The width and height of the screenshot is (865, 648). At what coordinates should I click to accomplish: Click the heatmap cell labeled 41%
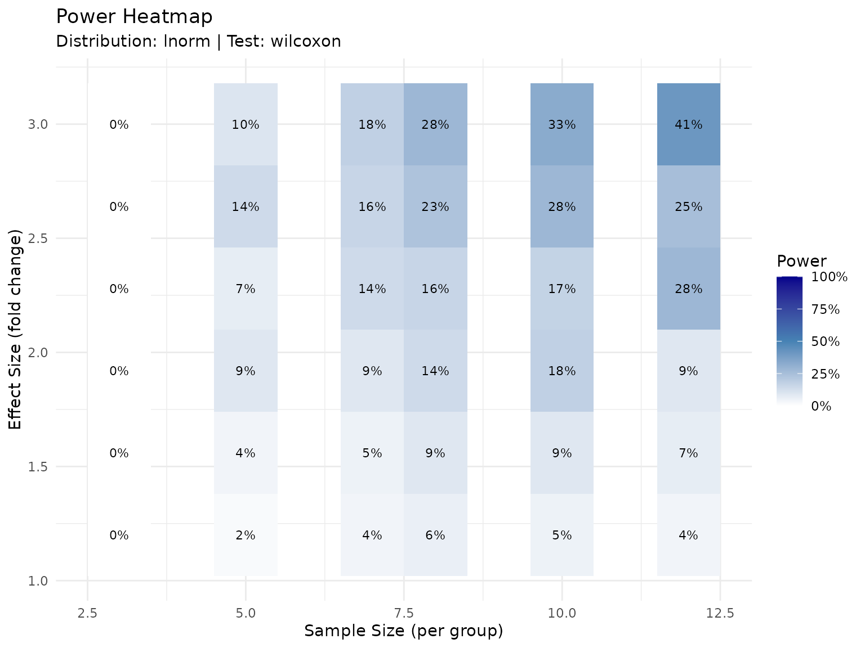pyautogui.click(x=688, y=124)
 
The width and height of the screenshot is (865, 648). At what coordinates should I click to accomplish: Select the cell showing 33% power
pyautogui.click(x=561, y=124)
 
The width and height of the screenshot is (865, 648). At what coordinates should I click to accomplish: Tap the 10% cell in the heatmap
pyautogui.click(x=246, y=124)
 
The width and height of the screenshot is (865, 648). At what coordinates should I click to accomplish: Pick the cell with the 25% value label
pyautogui.click(x=688, y=206)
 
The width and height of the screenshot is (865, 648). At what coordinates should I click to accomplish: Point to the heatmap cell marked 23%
pyautogui.click(x=435, y=206)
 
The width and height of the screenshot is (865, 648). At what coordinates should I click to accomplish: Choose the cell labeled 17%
pyautogui.click(x=561, y=289)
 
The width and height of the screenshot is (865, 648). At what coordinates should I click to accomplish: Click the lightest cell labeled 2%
pyautogui.click(x=246, y=535)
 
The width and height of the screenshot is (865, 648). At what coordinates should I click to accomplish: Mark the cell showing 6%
pyautogui.click(x=435, y=535)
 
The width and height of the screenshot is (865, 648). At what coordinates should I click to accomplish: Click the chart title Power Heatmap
pyautogui.click(x=134, y=17)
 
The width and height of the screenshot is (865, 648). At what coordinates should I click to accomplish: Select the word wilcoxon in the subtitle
pyautogui.click(x=306, y=42)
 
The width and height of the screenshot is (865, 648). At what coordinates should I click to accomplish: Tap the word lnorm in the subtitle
pyautogui.click(x=186, y=42)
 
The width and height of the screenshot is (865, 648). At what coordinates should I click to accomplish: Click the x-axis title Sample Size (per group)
pyautogui.click(x=403, y=631)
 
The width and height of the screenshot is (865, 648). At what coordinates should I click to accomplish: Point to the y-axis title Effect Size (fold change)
pyautogui.click(x=16, y=329)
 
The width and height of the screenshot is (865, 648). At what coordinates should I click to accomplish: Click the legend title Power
pyautogui.click(x=801, y=261)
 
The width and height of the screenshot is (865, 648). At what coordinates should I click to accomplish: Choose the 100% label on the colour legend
pyautogui.click(x=829, y=277)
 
